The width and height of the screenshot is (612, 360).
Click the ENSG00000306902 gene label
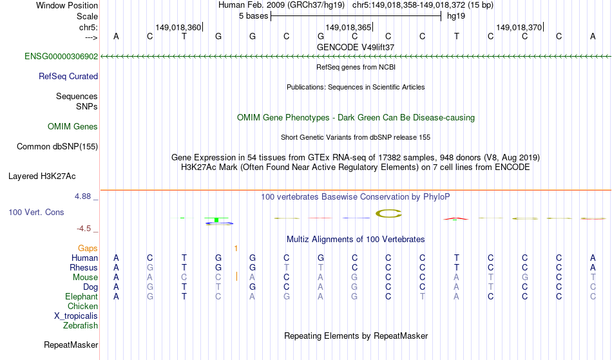coord(61,57)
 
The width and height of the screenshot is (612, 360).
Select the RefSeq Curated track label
coord(68,77)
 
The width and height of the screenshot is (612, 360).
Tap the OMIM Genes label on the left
coord(73,127)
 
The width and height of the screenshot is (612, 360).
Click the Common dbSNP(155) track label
coord(57,147)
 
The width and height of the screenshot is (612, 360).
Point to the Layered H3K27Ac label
coord(42,176)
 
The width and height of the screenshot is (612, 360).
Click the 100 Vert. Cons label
coord(36,212)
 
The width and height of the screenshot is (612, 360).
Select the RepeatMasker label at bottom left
coord(71,345)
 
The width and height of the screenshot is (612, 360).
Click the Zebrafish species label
coord(81,325)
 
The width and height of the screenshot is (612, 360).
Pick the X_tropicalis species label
coord(76,316)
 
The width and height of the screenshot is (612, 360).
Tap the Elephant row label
coord(82,296)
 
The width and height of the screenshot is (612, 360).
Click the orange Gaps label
coord(88,249)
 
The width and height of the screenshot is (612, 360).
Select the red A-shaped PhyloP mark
coord(456,218)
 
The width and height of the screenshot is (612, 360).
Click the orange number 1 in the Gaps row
coord(236,249)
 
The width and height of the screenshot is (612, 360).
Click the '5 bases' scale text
coord(254,16)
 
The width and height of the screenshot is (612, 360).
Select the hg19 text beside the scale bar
coord(456,16)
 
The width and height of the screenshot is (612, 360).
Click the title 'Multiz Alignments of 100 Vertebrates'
coord(356,239)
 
